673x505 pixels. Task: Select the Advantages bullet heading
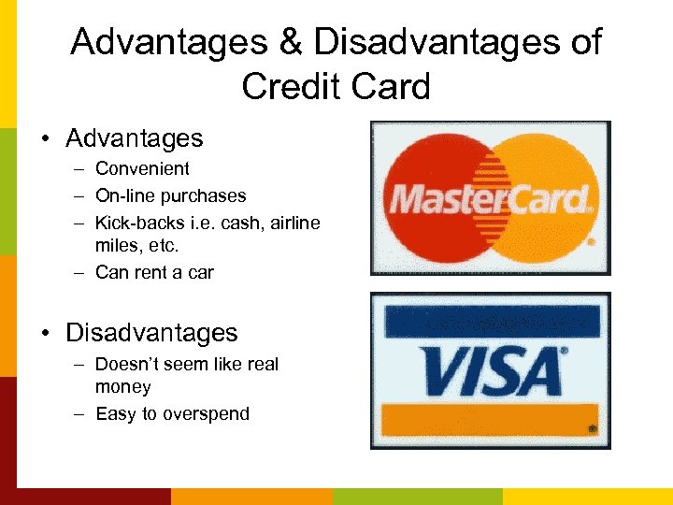tap(134, 138)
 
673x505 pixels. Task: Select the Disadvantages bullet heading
tap(151, 333)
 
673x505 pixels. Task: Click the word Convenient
tap(142, 168)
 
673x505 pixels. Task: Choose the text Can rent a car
tap(154, 272)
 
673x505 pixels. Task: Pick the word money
tap(122, 386)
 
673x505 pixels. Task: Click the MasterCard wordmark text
tap(490, 198)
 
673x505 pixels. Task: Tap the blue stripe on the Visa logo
tap(490, 321)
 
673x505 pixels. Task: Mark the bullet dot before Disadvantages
tap(45, 334)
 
